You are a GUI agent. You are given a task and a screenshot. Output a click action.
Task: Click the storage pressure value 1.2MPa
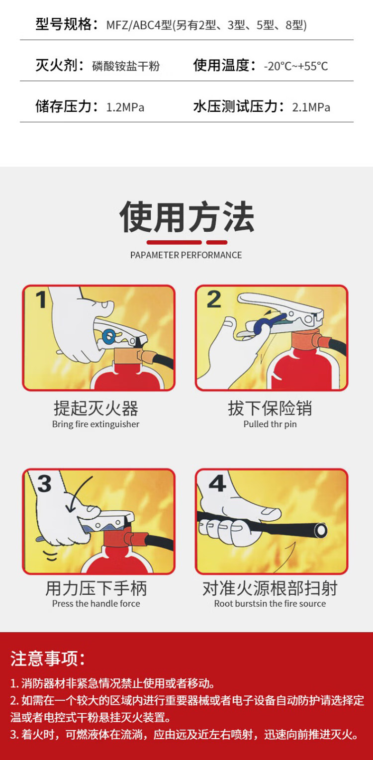pos(125,107)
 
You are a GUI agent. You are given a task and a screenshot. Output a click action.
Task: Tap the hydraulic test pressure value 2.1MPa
pos(311,107)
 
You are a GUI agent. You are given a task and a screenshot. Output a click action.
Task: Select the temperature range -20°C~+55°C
pos(296,66)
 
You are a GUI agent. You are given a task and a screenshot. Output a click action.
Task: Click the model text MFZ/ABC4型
pos(139,25)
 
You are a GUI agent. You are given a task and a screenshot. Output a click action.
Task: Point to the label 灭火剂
pos(56,65)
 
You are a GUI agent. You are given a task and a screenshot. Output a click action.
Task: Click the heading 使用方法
pos(186,216)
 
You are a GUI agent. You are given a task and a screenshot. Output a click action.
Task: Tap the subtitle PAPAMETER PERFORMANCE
pos(186,255)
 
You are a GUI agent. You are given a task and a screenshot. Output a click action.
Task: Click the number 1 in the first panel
pos(41,299)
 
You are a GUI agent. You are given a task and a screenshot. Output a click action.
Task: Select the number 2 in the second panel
pos(214,299)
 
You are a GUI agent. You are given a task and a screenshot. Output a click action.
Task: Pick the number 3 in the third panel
pos(44,483)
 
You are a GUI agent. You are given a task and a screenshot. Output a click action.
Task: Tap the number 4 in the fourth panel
pos(217,483)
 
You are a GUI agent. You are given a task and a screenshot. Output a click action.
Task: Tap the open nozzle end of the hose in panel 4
pos(320,530)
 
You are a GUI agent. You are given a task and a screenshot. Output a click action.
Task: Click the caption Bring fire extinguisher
pos(95,424)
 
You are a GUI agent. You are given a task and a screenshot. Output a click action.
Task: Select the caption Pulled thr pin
pos(270,424)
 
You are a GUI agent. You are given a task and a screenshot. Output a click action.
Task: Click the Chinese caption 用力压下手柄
pos(96,588)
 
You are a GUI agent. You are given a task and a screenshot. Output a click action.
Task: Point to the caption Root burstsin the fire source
pos(270,604)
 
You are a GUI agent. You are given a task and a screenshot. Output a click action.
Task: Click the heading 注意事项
pos(48,658)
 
